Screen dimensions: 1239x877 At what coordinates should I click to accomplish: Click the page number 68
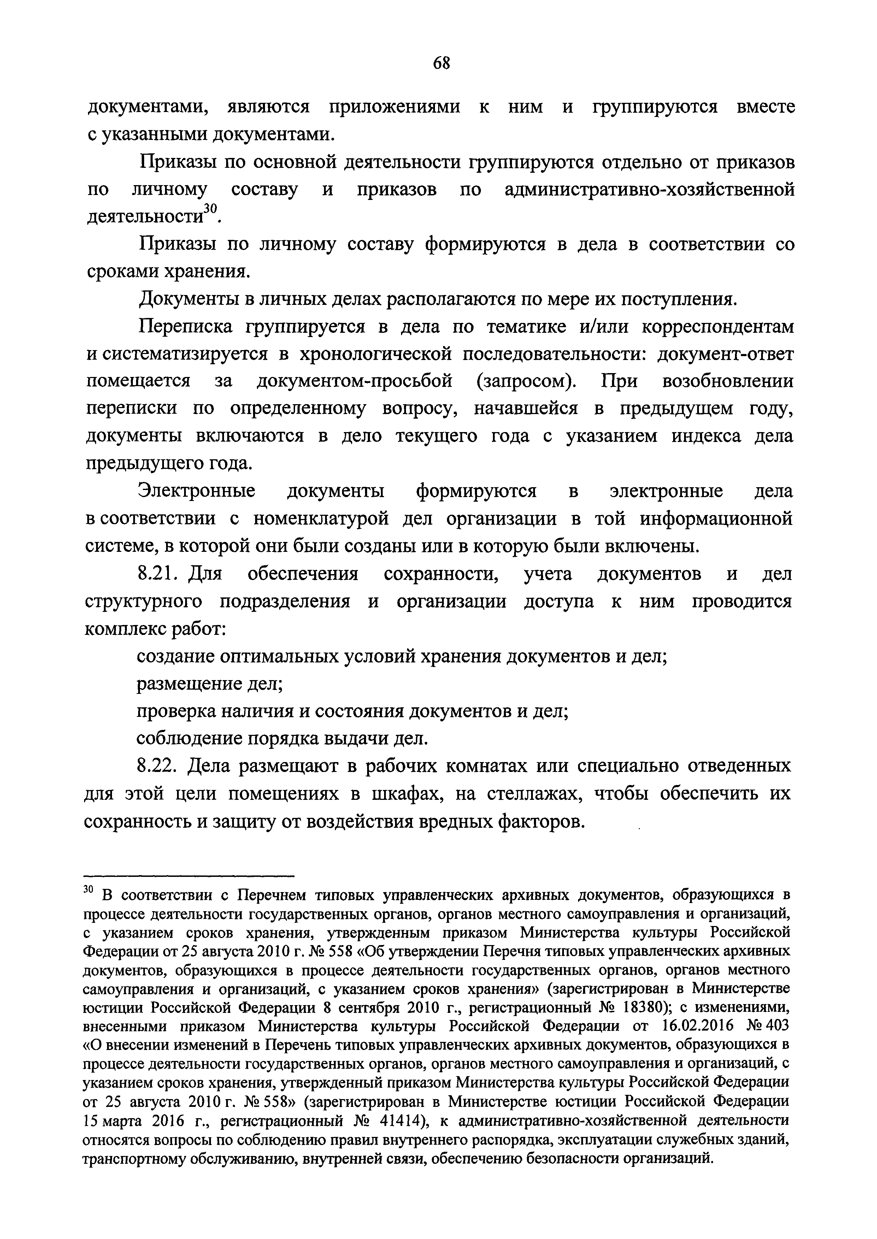441,63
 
